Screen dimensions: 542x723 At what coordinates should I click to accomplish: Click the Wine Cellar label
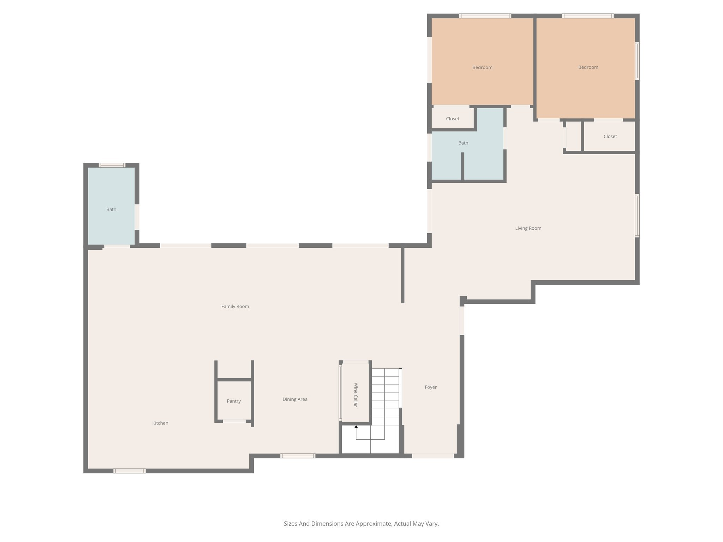click(355, 395)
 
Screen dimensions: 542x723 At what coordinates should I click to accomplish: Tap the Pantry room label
click(234, 401)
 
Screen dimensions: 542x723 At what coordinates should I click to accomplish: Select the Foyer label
click(431, 387)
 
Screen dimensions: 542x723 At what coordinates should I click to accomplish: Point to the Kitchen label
click(160, 423)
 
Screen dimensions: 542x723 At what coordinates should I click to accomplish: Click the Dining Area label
click(295, 399)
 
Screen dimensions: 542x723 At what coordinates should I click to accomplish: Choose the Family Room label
click(235, 307)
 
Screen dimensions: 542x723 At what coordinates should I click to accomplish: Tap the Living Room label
click(528, 228)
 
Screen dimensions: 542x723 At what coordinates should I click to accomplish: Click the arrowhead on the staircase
click(356, 427)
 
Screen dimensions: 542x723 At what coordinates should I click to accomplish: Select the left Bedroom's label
click(482, 67)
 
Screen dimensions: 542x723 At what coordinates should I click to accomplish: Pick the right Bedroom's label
click(588, 67)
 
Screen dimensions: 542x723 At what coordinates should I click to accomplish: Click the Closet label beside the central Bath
click(453, 119)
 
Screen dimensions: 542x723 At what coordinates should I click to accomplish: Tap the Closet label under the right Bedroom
click(610, 137)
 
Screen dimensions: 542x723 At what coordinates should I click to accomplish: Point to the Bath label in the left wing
click(111, 210)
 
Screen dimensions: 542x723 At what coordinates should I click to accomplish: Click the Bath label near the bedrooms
click(463, 143)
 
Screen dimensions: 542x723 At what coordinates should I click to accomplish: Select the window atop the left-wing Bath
click(112, 165)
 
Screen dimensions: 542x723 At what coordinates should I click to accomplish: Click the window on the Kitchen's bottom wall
click(130, 471)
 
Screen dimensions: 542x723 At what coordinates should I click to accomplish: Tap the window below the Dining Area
click(298, 456)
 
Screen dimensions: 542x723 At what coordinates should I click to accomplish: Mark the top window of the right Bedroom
click(588, 16)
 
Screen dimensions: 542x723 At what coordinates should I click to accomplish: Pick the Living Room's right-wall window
click(637, 215)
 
